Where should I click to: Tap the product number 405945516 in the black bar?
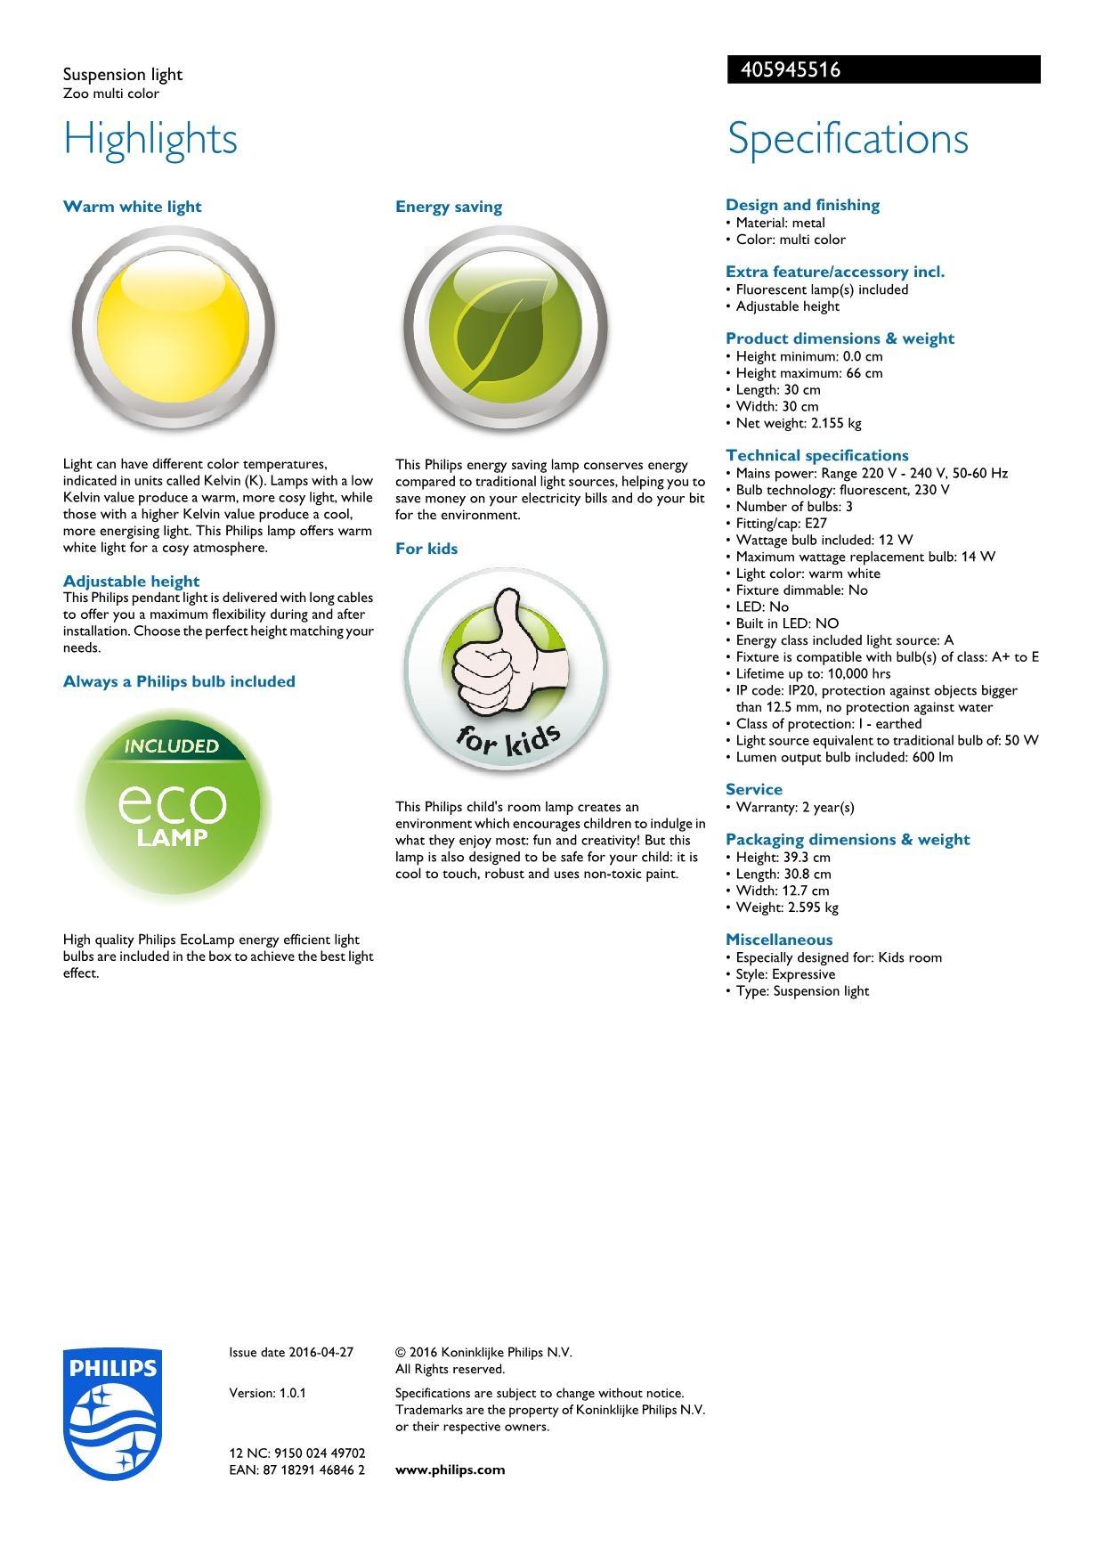tap(784, 70)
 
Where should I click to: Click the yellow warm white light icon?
tap(173, 329)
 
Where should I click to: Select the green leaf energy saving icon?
tap(505, 329)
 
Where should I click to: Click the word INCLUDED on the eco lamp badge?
tap(172, 746)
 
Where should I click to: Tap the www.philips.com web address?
tap(450, 1469)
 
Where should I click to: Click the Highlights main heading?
tap(150, 139)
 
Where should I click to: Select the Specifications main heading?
tap(848, 139)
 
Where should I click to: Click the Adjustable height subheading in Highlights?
tap(131, 582)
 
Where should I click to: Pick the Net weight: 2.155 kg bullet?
tap(798, 423)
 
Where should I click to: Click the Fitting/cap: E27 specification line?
tap(781, 523)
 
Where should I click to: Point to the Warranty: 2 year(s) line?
tap(794, 807)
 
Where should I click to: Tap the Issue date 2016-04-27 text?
tap(291, 1352)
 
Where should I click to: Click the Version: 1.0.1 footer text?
tap(267, 1393)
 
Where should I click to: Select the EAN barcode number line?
tap(296, 1469)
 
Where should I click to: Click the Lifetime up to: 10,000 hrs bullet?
tap(813, 673)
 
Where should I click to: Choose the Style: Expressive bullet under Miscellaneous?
tap(785, 974)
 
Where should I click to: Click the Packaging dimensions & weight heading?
tap(848, 839)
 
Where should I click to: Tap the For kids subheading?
tap(426, 549)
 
